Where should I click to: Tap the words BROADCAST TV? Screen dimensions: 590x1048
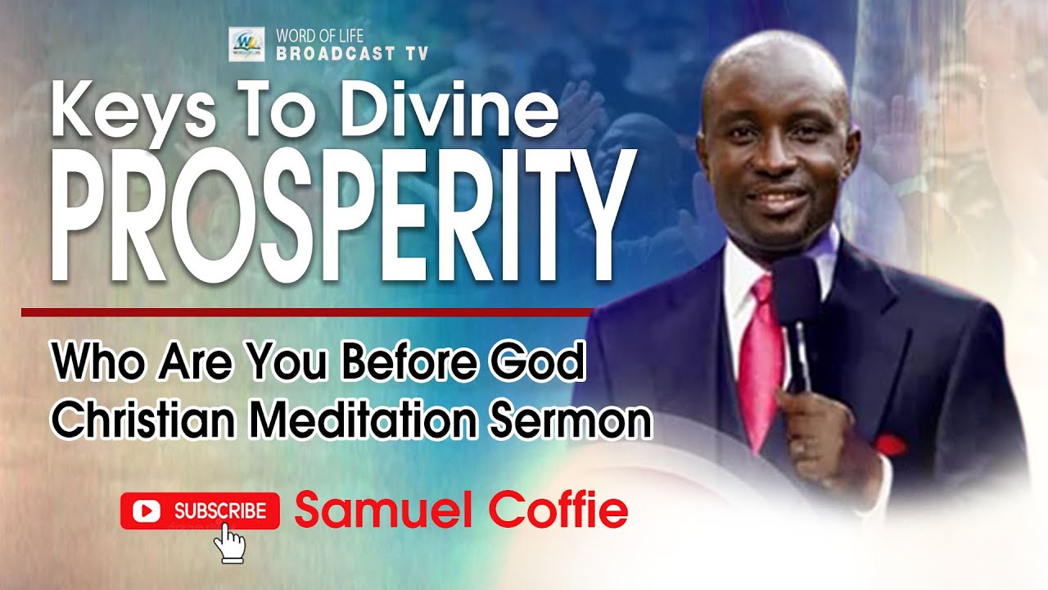pyautogui.click(x=352, y=55)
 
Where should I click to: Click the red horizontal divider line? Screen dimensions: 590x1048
pyautogui.click(x=307, y=312)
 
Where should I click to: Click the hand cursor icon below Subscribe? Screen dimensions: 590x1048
pyautogui.click(x=233, y=542)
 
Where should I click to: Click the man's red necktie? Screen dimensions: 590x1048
pyautogui.click(x=761, y=352)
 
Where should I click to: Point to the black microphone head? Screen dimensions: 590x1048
pyautogui.click(x=795, y=290)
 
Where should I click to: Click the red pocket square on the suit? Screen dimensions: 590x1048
pyautogui.click(x=890, y=446)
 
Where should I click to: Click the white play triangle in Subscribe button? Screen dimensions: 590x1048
pyautogui.click(x=147, y=511)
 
